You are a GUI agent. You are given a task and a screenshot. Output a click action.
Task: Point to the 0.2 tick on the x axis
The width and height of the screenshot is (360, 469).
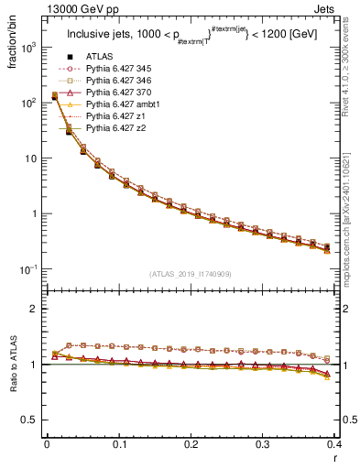(x=191, y=444)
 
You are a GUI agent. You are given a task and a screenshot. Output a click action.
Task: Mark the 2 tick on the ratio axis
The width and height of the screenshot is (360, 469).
(x=35, y=309)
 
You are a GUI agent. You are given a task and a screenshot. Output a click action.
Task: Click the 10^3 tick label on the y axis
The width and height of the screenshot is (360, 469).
(x=30, y=48)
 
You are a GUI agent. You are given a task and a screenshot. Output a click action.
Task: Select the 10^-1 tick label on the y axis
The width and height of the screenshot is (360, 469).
(x=30, y=268)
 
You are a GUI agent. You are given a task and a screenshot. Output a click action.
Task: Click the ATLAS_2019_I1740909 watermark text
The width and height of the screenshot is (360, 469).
(x=190, y=274)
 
